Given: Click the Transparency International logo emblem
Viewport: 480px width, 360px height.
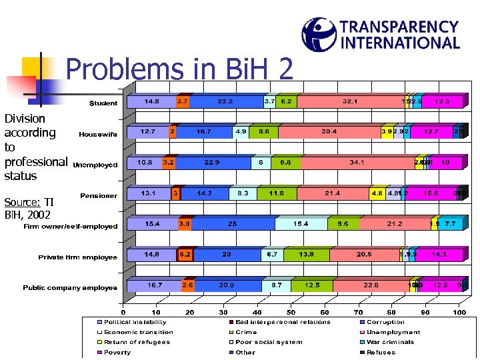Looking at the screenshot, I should coord(318,34).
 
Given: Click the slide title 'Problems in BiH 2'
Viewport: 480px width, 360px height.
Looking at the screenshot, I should coord(179,69).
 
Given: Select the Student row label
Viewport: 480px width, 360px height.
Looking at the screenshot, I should coord(103,103).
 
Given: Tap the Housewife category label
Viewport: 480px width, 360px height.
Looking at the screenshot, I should coord(98,134).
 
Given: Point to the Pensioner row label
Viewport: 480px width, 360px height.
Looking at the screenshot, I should coord(99,195).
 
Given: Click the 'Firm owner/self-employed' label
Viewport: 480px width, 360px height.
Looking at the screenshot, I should coord(71,226).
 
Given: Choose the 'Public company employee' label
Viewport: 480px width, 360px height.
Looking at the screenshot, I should coord(70,288).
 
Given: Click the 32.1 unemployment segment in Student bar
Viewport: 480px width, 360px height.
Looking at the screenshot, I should coord(349,101).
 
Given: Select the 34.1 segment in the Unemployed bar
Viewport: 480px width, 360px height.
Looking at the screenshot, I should coord(357,163).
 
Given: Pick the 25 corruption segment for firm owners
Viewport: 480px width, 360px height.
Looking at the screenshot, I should coord(232,224).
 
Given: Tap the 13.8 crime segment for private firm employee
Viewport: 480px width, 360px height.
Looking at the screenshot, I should coord(306,255).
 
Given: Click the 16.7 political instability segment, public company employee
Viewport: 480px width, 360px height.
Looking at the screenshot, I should coord(154,285).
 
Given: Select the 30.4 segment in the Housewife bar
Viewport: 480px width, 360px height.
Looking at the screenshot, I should coord(329,132).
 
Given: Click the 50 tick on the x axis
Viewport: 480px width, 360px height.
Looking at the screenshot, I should coord(291,312).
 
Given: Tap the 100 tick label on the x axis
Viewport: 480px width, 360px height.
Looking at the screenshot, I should coord(459,312).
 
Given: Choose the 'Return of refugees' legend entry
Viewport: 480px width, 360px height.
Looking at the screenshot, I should coord(137,342).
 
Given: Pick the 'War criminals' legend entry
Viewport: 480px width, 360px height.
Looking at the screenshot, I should coord(390,342).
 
